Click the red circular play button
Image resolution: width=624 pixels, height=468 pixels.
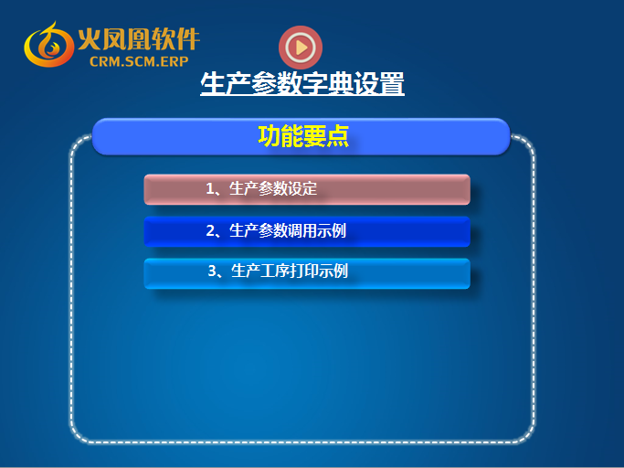click(x=301, y=48)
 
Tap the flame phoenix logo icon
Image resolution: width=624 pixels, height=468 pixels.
click(x=48, y=45)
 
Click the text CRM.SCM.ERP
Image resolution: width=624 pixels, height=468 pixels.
click(x=139, y=61)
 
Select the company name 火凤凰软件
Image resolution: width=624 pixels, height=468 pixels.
click(x=139, y=39)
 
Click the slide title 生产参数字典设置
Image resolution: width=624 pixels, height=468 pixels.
click(x=302, y=83)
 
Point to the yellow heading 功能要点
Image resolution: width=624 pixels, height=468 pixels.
click(x=303, y=136)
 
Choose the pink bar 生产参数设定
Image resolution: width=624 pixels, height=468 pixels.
click(x=307, y=189)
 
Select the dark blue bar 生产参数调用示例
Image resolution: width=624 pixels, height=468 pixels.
click(x=307, y=231)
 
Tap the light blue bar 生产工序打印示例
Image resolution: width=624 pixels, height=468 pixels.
click(x=307, y=273)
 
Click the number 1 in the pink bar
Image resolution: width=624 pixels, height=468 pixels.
click(x=210, y=189)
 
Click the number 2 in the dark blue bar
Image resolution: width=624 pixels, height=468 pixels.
click(x=210, y=231)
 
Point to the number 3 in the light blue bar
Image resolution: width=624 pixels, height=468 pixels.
click(x=212, y=271)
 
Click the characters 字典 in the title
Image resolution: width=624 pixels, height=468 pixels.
click(x=328, y=83)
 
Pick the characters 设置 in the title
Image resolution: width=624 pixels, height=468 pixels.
click(x=379, y=83)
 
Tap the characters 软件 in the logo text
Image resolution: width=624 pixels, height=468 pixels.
click(x=175, y=39)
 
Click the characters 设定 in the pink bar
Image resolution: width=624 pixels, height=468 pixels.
click(x=302, y=188)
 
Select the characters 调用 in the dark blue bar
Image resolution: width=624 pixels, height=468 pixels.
click(x=302, y=230)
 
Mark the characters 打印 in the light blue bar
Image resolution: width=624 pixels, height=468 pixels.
click(x=304, y=271)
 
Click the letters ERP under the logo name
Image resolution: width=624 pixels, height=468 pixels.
click(x=175, y=61)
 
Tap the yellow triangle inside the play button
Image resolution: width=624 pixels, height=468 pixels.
click(x=301, y=48)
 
